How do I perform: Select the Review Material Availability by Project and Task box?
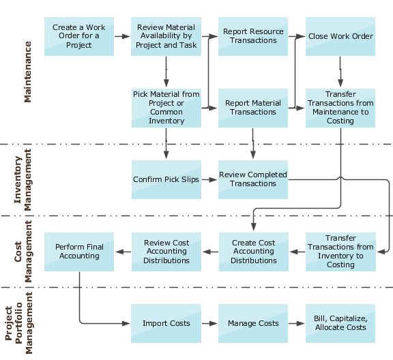click(x=166, y=37)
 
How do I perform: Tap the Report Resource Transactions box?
click(x=253, y=37)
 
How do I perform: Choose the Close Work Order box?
click(x=340, y=37)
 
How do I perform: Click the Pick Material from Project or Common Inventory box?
click(x=166, y=108)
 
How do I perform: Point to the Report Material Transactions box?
click(x=253, y=108)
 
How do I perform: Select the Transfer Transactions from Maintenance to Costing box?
click(x=340, y=108)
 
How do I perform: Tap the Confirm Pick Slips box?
click(x=166, y=180)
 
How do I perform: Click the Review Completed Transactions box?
click(x=253, y=180)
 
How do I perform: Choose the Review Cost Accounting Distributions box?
click(x=166, y=252)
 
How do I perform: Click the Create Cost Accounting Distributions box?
click(x=253, y=252)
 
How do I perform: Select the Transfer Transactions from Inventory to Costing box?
click(x=340, y=252)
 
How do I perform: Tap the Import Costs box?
click(x=166, y=323)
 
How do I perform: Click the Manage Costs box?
click(x=253, y=323)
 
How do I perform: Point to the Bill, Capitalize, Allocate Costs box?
click(x=340, y=323)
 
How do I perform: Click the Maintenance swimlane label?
click(x=28, y=72)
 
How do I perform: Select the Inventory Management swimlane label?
click(x=23, y=180)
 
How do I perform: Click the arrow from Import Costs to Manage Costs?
click(x=210, y=323)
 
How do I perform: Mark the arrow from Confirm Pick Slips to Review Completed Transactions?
click(x=210, y=180)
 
